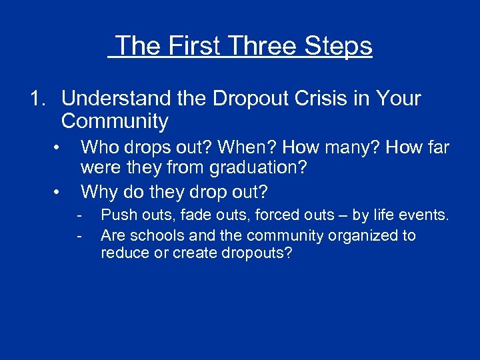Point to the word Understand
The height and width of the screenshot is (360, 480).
coord(117,99)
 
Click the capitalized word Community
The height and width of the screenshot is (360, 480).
coord(115,121)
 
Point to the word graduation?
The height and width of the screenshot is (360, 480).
coord(259,168)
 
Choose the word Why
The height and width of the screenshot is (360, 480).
coord(99,192)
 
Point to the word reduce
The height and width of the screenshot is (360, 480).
coord(123,254)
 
